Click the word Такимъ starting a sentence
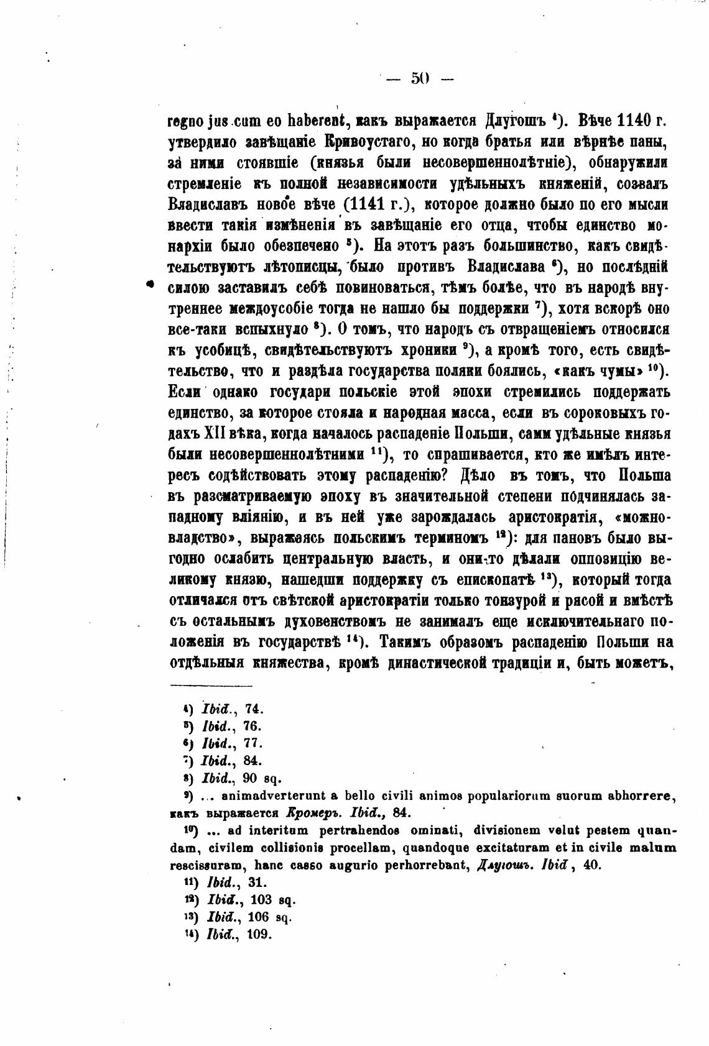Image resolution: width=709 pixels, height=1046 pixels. pyautogui.click(x=405, y=642)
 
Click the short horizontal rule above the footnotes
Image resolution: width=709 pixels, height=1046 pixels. pyautogui.click(x=211, y=686)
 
